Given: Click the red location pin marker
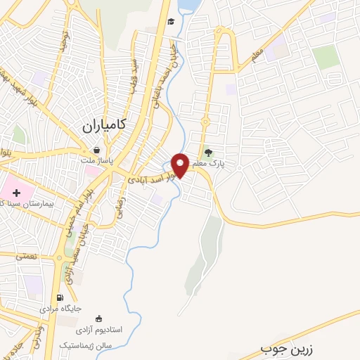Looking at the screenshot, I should [181, 165].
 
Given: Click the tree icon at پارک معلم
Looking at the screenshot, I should [208, 151].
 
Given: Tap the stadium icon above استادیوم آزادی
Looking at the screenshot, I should [98, 318].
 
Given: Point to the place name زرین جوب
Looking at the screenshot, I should [285, 349].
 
